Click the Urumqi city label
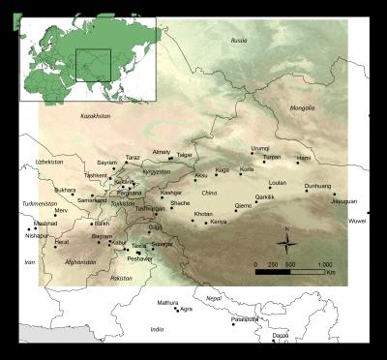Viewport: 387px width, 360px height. coord(260,148)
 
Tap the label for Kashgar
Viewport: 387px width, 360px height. coord(171,193)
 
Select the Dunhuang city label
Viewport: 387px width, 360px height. coord(317,185)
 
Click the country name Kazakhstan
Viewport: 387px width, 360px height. coord(96,115)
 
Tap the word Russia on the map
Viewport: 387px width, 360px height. coord(239,40)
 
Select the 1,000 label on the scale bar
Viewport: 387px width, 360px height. coord(324,263)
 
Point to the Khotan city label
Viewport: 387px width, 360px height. coord(203,214)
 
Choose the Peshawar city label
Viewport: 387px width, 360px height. coord(140,258)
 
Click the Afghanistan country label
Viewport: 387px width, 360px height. coord(81,262)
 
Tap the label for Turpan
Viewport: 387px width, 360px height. coord(272,157)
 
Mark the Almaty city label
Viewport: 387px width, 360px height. coord(162,152)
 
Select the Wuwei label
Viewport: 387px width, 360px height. coord(358,222)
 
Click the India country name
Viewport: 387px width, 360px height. coord(157,329)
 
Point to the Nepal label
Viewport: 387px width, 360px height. coord(214,299)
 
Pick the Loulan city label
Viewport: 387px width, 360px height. coord(278,182)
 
